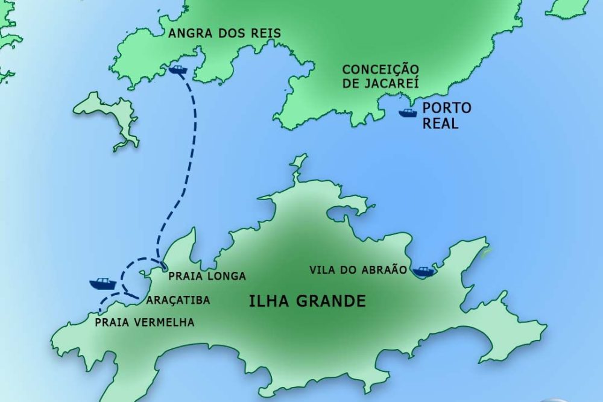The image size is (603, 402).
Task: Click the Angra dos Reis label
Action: [224, 33]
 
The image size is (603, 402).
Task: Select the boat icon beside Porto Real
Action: [408, 112]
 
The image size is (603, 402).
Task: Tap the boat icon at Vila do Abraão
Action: [424, 271]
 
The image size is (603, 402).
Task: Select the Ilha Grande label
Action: [307, 301]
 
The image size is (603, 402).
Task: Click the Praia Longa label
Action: [207, 276]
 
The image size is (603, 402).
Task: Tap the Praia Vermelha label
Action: [145, 322]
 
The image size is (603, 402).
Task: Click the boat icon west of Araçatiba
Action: [103, 283]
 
